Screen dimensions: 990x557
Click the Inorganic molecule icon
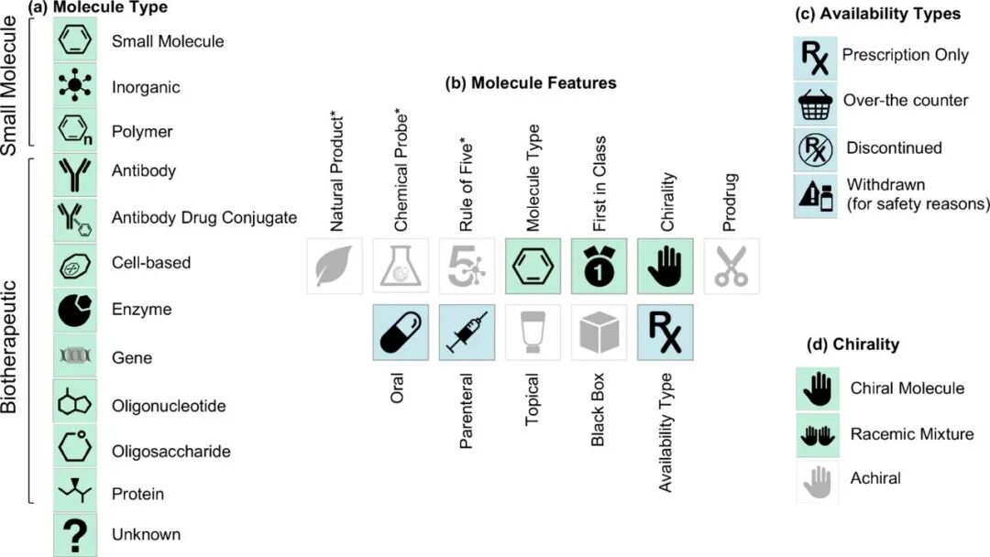(x=75, y=87)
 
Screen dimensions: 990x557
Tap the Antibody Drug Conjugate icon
(x=75, y=217)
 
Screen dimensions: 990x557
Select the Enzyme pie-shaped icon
(x=75, y=310)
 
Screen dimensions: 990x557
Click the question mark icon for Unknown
(x=75, y=534)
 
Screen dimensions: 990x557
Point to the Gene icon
(x=75, y=357)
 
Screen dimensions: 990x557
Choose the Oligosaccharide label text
(x=170, y=452)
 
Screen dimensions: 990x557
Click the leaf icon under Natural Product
(x=335, y=266)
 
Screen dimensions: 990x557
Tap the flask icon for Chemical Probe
(x=401, y=266)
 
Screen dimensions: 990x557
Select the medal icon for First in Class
(x=599, y=266)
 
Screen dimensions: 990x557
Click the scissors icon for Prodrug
(x=731, y=266)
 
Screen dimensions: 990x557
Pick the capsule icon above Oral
(x=401, y=332)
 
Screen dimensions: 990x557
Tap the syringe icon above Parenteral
(x=467, y=332)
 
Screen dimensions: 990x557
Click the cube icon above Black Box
(x=599, y=332)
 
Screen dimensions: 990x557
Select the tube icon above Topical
(x=533, y=332)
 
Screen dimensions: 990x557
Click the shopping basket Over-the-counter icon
(x=814, y=101)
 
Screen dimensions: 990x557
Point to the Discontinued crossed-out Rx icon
(x=814, y=147)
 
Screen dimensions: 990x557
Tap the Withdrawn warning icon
(x=814, y=194)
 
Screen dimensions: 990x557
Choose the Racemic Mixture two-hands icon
(x=814, y=434)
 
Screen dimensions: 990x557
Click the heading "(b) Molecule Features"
(x=530, y=83)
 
